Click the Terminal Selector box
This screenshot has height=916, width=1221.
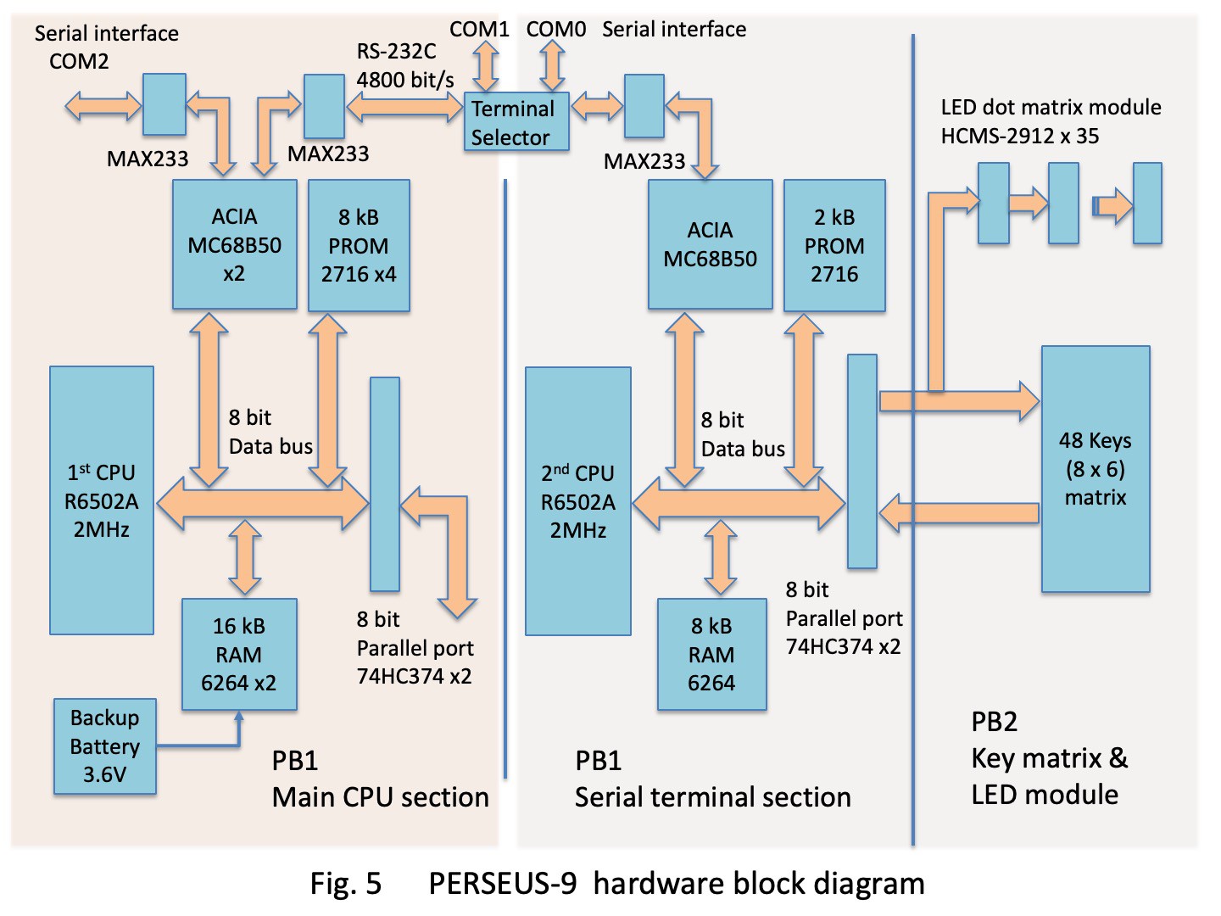pos(516,123)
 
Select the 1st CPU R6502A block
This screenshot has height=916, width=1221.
pos(102,500)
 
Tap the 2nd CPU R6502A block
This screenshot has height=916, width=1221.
pos(578,501)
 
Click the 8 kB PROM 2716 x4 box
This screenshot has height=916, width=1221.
pos(359,245)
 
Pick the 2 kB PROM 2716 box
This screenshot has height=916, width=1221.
pos(834,245)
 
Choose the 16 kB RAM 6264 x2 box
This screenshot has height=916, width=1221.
pos(239,654)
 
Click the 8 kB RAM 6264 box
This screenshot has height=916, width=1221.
pos(711,654)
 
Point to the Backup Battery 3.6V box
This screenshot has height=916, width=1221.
pos(105,746)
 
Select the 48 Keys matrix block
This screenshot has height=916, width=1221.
pos(1096,468)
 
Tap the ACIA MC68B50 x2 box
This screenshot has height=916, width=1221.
pos(235,244)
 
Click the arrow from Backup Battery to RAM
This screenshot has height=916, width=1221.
pos(203,744)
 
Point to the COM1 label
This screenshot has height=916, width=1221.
pos(479,30)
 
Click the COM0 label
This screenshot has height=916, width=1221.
pos(556,30)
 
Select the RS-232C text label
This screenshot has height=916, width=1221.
pos(396,52)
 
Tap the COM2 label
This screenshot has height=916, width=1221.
pos(79,61)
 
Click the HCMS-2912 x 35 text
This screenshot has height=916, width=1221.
pos(1020,136)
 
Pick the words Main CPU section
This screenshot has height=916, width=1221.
pos(380,797)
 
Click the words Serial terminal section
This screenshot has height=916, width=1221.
pos(712,797)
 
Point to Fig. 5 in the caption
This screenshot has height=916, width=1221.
pos(346,884)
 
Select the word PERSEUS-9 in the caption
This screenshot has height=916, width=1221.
pos(503,884)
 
